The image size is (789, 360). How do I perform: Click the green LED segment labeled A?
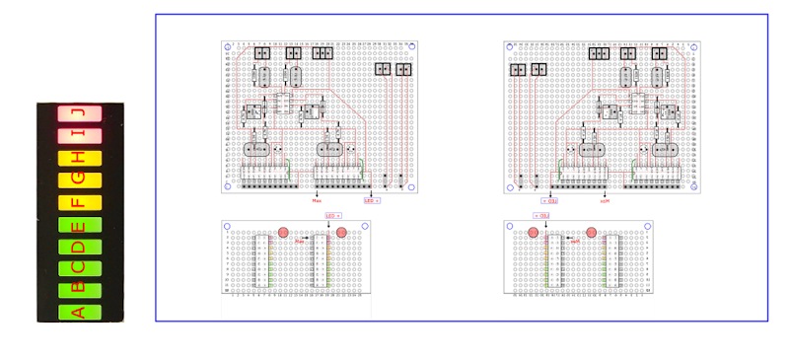pyautogui.click(x=80, y=313)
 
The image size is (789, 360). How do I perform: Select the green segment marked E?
pyautogui.click(x=80, y=224)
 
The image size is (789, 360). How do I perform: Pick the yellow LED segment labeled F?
pyautogui.click(x=80, y=202)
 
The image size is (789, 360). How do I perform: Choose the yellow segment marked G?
pyautogui.click(x=80, y=180)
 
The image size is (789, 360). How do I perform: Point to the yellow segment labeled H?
pyautogui.click(x=80, y=158)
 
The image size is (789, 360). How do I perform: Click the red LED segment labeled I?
pyautogui.click(x=80, y=135)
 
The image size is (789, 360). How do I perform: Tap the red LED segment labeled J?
pyautogui.click(x=80, y=113)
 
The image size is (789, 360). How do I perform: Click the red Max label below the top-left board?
pyautogui.click(x=317, y=200)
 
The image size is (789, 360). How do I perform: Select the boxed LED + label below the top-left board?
pyautogui.click(x=372, y=200)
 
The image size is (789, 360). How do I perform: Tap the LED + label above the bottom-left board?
pyautogui.click(x=332, y=214)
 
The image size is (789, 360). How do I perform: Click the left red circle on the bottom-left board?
pyautogui.click(x=283, y=232)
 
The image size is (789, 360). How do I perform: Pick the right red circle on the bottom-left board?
pyautogui.click(x=342, y=232)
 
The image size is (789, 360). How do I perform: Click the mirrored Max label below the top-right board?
pyautogui.click(x=605, y=200)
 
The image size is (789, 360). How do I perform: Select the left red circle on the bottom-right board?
pyautogui.click(x=533, y=232)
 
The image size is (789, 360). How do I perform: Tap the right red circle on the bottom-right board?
pyautogui.click(x=592, y=232)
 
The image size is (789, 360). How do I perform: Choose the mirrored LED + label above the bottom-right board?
pyautogui.click(x=541, y=214)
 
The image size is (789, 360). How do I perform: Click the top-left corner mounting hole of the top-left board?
pyautogui.click(x=227, y=45)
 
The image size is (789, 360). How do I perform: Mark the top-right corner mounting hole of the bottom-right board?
pyautogui.click(x=647, y=226)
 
